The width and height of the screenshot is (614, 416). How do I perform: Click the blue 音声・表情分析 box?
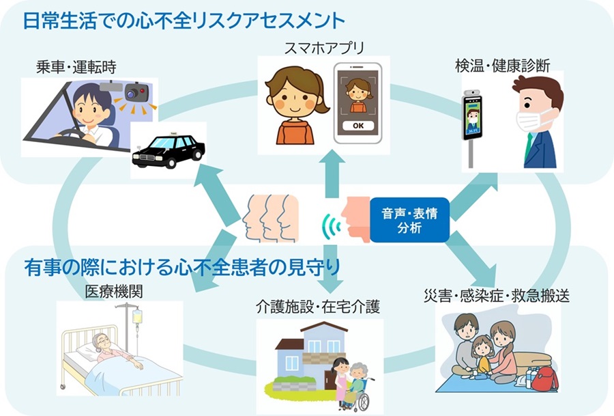pos(409,221)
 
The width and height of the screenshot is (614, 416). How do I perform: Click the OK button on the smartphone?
pos(357,126)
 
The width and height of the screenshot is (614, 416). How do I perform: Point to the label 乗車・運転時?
pos(77,68)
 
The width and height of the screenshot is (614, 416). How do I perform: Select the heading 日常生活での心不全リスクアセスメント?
pos(184,20)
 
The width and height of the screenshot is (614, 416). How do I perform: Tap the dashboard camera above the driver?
pos(135,91)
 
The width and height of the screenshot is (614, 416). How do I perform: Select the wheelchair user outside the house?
pos(357,386)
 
